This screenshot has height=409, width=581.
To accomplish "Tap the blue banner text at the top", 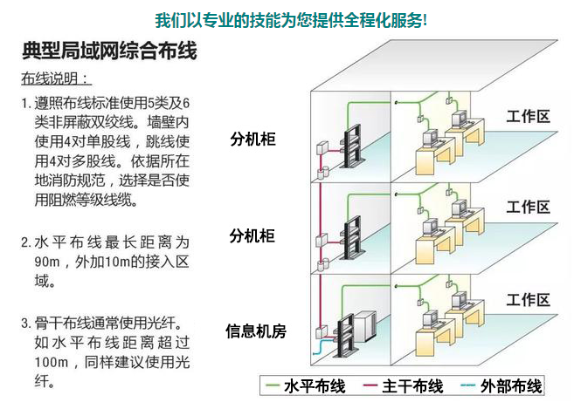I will coord(291,18).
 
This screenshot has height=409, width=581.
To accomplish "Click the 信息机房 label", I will coord(256,331).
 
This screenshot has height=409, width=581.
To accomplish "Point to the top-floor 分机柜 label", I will coord(252,140).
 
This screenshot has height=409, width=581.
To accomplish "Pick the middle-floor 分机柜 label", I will coord(252,235).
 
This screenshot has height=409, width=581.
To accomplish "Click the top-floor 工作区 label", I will coord(529,116).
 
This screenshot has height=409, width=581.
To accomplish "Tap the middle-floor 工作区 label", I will coord(529,208).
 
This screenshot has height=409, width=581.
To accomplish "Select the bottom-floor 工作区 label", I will coord(529,300).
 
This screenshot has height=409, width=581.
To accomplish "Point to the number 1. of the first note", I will coord(26,104).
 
